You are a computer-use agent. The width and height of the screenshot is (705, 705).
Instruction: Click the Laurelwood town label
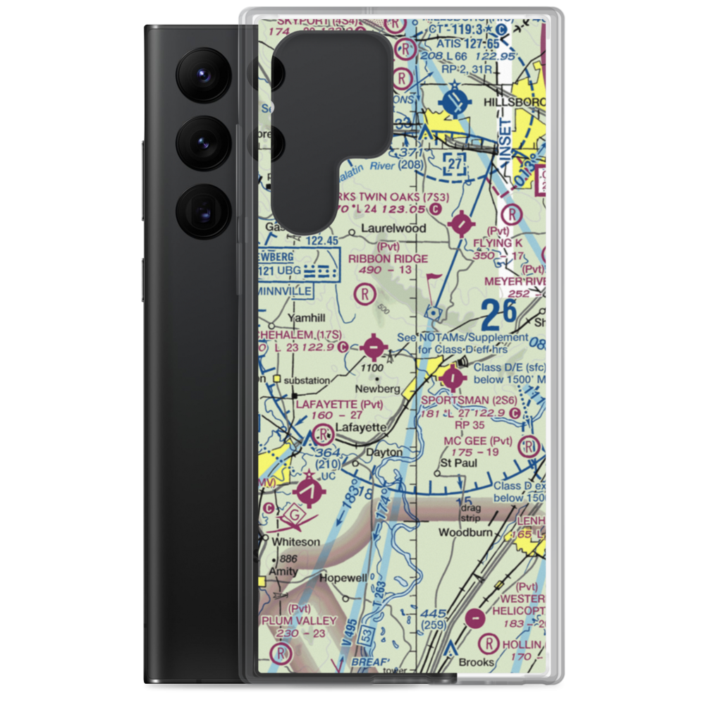393,228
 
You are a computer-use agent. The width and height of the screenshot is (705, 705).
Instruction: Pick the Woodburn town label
465,532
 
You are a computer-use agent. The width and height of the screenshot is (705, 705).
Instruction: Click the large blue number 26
500,314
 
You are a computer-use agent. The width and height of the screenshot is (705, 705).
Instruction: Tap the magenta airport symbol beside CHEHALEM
373,347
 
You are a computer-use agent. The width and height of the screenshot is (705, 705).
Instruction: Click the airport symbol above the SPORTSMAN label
452,379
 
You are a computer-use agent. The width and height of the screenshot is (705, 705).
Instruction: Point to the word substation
307,380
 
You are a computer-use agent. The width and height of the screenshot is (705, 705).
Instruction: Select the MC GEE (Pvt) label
471,441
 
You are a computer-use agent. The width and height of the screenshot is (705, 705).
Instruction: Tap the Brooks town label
472,663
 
